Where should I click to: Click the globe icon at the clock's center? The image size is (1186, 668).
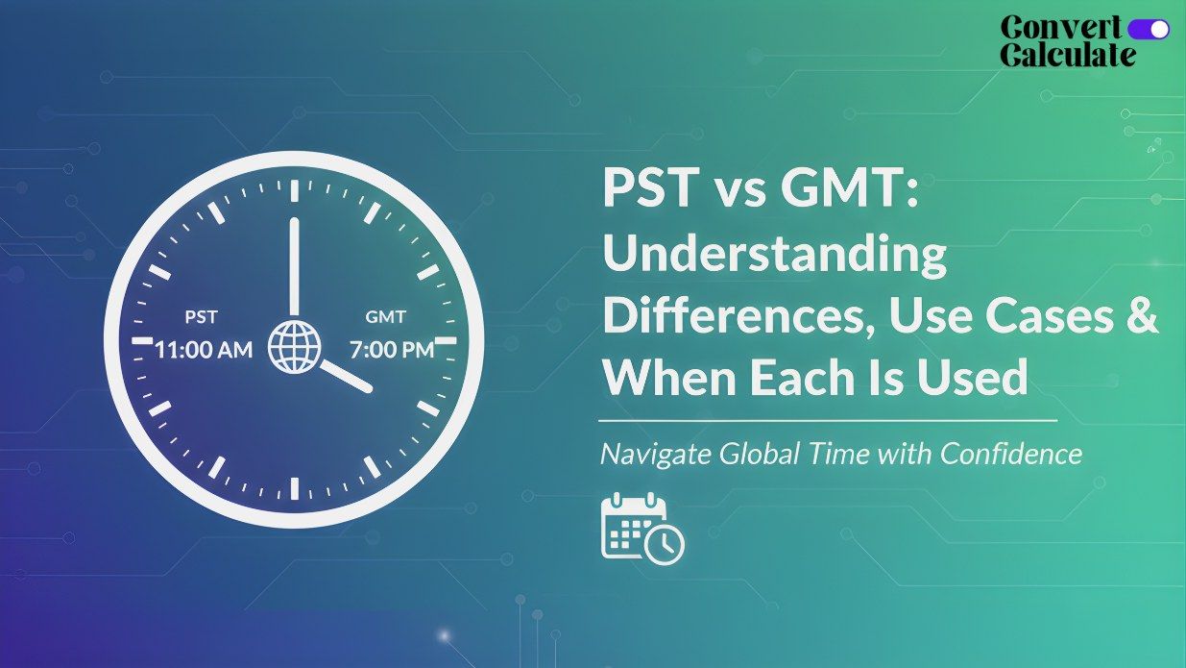tap(294, 346)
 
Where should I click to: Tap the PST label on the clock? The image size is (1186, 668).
tap(201, 317)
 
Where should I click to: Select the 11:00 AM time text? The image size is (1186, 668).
tap(205, 349)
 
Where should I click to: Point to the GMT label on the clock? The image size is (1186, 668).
tap(386, 317)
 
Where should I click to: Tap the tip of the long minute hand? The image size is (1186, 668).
tap(294, 222)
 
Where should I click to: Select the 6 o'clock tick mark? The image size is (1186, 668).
tap(294, 487)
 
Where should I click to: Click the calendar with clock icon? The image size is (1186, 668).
tap(641, 528)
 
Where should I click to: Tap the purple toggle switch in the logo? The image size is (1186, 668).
tap(1149, 29)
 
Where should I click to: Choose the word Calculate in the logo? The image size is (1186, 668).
tap(1067, 54)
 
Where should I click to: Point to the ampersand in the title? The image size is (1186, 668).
tap(1140, 316)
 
